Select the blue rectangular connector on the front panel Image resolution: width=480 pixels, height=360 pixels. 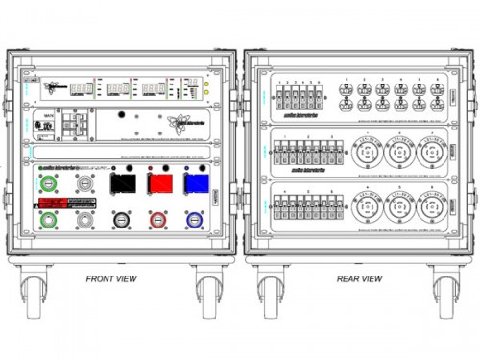[196, 183]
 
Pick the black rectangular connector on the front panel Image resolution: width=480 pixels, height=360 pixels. [122, 183]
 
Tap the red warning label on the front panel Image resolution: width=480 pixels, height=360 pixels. [60, 204]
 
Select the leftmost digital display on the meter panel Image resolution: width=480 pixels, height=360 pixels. [84, 88]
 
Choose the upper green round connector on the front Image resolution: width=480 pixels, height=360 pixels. [47, 182]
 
